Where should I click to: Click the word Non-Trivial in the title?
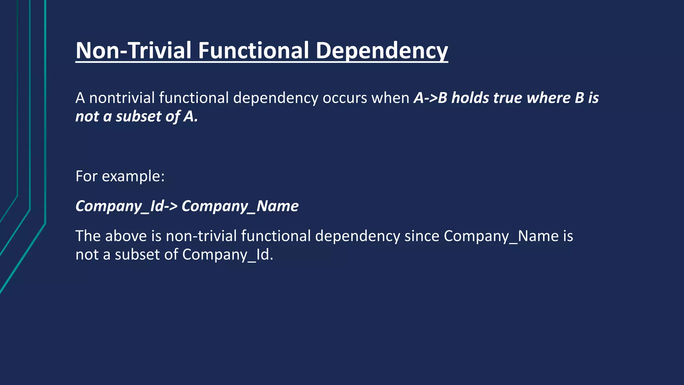point(134,50)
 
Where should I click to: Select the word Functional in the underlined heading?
point(253,50)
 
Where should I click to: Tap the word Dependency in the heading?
point(381,51)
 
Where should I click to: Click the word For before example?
point(86,176)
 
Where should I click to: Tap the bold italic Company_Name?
point(240,206)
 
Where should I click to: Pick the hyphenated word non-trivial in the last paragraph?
point(201,236)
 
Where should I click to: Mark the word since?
point(422,236)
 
